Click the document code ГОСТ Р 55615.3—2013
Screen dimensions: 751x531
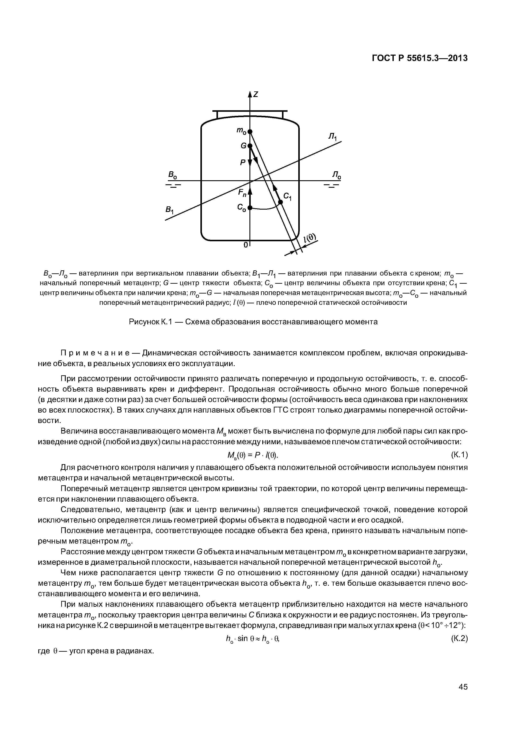[420, 58]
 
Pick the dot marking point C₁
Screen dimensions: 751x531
[280, 202]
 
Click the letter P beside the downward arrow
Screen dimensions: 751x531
[242, 162]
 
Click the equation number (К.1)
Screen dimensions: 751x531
[459, 455]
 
